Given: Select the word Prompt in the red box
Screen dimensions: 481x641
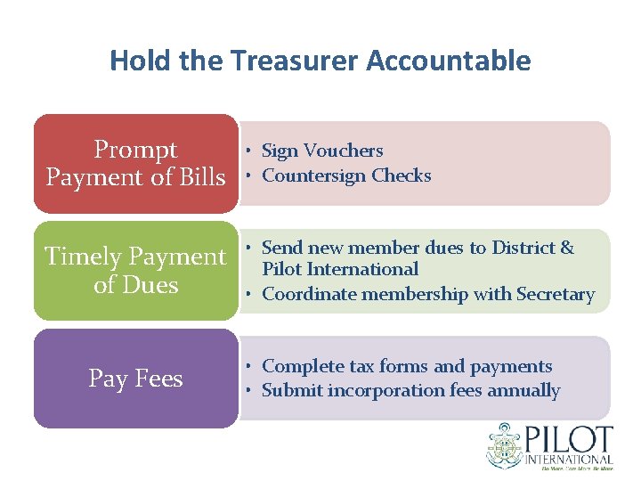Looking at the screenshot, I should click(x=135, y=149).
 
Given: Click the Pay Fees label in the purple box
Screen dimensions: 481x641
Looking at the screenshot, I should click(x=135, y=379).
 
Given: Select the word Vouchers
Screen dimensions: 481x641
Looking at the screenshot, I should click(x=343, y=151).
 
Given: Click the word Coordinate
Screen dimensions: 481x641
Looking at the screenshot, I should click(x=308, y=294).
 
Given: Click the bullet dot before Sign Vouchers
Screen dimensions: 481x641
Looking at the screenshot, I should click(x=253, y=151).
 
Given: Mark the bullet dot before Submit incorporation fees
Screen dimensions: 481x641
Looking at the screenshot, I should click(x=253, y=390).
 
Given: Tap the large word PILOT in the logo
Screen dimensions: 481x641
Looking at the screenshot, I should click(x=569, y=440).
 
